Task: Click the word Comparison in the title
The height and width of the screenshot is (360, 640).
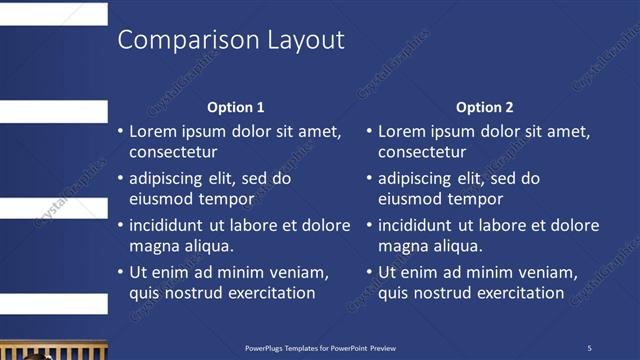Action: (x=188, y=40)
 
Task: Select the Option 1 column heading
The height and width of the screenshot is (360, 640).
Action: (x=236, y=107)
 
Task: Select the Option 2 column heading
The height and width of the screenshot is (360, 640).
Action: (x=485, y=107)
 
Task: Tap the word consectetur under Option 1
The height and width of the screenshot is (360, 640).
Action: (x=173, y=153)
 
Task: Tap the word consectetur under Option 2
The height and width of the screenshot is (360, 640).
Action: (x=422, y=153)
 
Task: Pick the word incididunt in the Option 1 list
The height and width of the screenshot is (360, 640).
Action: (x=170, y=225)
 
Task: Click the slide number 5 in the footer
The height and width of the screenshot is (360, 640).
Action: (x=589, y=348)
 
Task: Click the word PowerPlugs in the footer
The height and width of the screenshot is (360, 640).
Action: (x=267, y=348)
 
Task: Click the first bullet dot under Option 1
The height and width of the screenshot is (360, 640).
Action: (x=120, y=132)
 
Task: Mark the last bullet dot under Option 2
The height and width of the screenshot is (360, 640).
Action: (x=369, y=272)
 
